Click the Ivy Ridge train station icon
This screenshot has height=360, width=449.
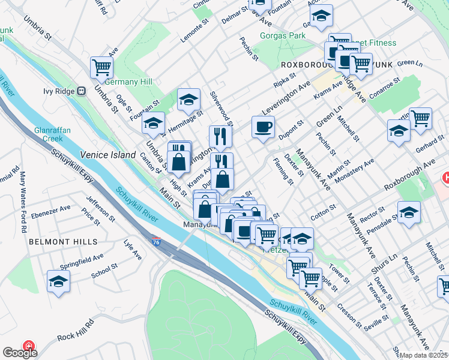pyautogui.click(x=80, y=91)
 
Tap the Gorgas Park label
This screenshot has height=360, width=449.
pyautogui.click(x=282, y=35)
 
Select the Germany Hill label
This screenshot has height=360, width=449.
pyautogui.click(x=128, y=82)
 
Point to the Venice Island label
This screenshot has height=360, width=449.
pyautogui.click(x=108, y=155)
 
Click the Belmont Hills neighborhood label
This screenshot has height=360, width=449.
pyautogui.click(x=62, y=241)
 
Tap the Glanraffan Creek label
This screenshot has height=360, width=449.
pyautogui.click(x=49, y=134)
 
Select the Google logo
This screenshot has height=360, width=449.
pyautogui.click(x=20, y=353)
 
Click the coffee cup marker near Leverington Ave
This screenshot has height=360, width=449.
pyautogui.click(x=263, y=127)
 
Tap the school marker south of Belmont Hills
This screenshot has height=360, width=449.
pyautogui.click(x=58, y=281)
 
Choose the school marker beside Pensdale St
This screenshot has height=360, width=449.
pyautogui.click(x=409, y=212)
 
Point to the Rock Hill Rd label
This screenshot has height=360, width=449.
pyautogui.click(x=76, y=329)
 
